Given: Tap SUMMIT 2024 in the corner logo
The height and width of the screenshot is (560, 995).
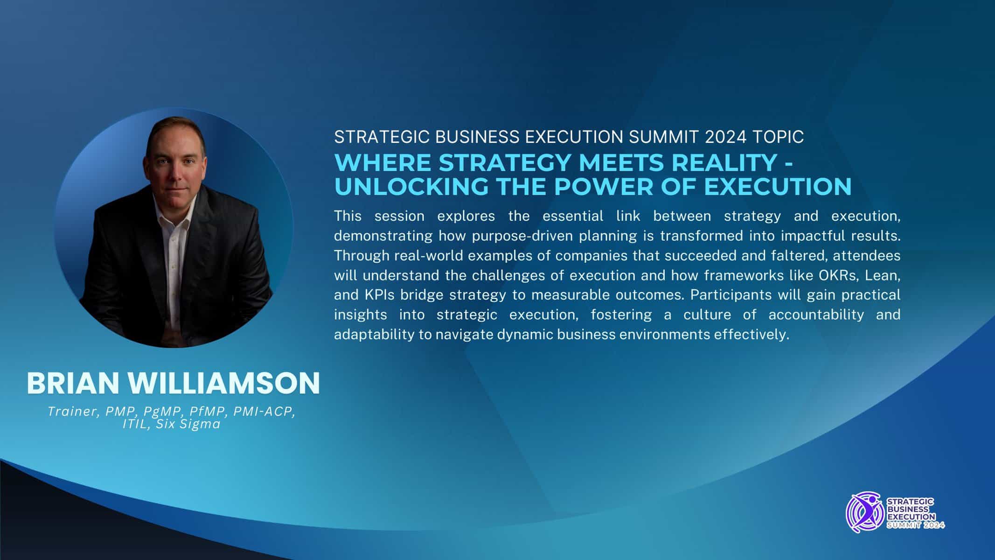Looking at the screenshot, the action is pos(916,525).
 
